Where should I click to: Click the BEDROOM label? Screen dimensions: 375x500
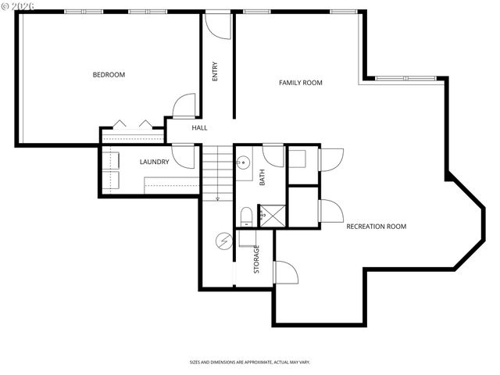coord(109,75)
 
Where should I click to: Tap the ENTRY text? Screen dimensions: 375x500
coord(215,71)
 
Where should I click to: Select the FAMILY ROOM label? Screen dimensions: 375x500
coord(301,82)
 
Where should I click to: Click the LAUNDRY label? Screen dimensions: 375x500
coord(154,162)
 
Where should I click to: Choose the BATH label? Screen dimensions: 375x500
coord(262,177)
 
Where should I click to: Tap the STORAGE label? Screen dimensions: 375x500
coord(255,259)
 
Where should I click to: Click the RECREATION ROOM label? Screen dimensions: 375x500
coord(376,227)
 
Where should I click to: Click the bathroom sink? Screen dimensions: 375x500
coord(244,163)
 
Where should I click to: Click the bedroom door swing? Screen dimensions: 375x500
coord(185,105)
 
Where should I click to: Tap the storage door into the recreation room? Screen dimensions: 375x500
coord(285,272)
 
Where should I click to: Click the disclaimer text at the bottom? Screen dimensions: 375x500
coord(249,362)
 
